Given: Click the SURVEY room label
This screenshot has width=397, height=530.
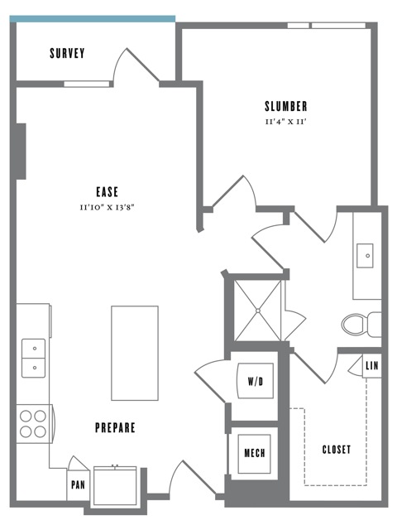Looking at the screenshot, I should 67,55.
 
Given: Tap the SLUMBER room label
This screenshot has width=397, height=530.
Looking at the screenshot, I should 286,106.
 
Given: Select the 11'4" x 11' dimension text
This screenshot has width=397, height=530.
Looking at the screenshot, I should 286,121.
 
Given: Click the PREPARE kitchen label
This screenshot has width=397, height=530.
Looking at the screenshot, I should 115,428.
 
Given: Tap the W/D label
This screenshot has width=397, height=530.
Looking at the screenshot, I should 255,383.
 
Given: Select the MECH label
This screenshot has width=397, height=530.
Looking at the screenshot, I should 254,454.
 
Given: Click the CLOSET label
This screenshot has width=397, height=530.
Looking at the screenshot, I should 336,450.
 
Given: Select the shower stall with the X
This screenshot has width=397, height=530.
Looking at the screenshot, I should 258,311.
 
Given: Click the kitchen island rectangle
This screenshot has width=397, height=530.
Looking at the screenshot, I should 135,352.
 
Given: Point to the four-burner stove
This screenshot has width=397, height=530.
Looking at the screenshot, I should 33,423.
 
